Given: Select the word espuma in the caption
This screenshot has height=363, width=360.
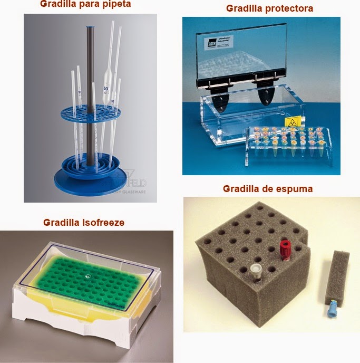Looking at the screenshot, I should click(298, 189).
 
